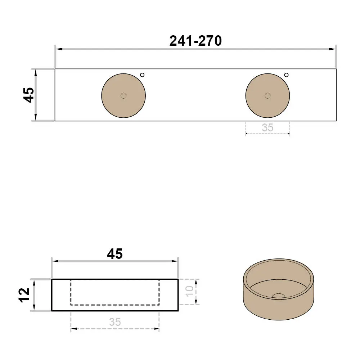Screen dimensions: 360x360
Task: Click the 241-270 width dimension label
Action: pos(195,41)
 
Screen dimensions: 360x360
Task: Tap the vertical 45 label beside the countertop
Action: pos(29,95)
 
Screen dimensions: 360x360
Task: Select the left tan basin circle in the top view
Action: pos(123,95)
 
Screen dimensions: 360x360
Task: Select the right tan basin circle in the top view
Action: pos(267,95)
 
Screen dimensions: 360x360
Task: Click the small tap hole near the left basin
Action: pos(142,75)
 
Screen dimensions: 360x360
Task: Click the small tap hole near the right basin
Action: pos(286,75)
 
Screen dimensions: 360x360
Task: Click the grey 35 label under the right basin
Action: pos(267,128)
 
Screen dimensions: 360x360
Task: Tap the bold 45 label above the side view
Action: pos(115,254)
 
